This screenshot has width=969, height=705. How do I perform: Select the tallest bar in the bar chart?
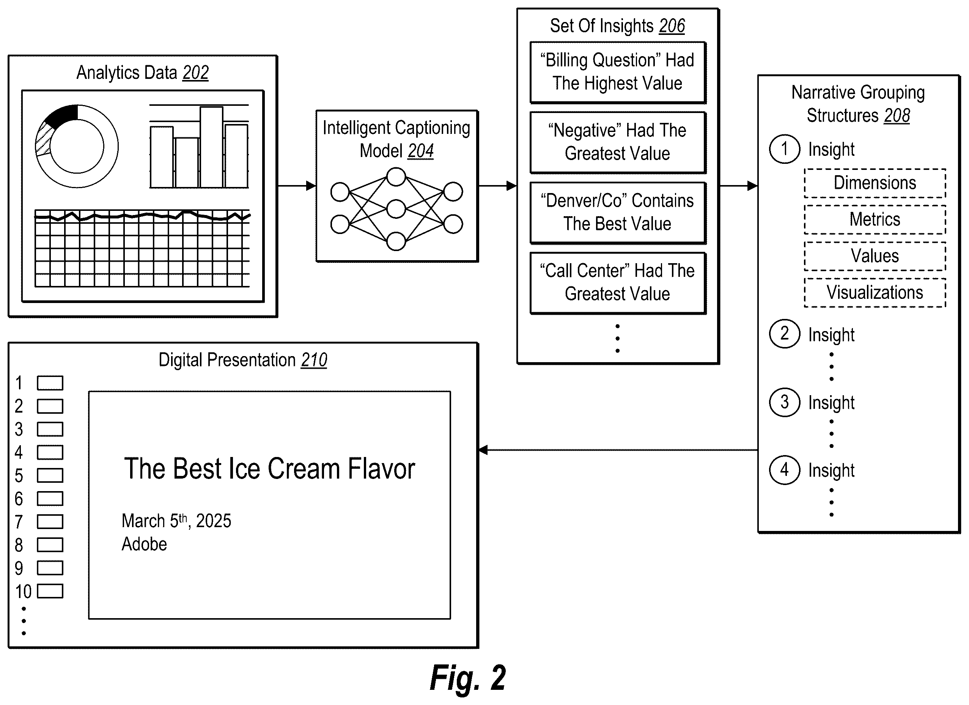[x=211, y=147]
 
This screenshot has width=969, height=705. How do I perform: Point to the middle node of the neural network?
[x=396, y=209]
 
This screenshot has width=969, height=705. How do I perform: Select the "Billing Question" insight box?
[x=617, y=72]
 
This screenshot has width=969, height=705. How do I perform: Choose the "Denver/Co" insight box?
[x=617, y=213]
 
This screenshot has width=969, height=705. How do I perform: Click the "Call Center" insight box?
[x=617, y=283]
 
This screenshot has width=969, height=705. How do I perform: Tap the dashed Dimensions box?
[x=875, y=183]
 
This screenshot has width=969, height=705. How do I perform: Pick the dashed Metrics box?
[x=875, y=220]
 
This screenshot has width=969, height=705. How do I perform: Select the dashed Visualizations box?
[x=875, y=292]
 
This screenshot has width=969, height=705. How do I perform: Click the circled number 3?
[x=785, y=402]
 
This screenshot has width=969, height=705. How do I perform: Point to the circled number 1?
[x=785, y=149]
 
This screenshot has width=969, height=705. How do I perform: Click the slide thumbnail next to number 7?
[x=50, y=522]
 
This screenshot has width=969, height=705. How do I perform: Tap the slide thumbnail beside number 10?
[x=50, y=591]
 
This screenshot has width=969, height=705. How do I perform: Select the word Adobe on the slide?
[x=145, y=545]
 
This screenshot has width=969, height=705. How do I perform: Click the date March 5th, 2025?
[x=176, y=521]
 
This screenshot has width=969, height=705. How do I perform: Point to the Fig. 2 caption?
[x=468, y=678]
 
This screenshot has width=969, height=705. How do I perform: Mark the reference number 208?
[x=897, y=116]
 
